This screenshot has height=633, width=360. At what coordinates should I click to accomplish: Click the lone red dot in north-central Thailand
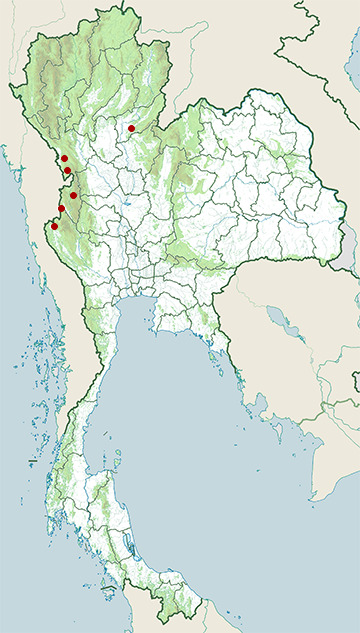131,128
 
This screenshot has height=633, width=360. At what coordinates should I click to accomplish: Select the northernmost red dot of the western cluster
64,159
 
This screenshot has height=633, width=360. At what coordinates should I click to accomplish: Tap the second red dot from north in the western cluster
67,171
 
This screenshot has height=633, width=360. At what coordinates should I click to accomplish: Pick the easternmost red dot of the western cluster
73,195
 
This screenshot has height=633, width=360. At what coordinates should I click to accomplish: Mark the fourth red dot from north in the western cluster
62,208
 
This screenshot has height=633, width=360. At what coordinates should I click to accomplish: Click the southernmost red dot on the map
54,226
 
